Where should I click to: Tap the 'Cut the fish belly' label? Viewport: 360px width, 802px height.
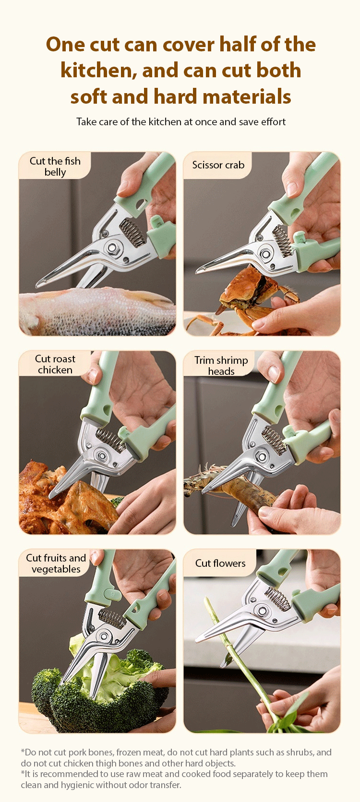pyautogui.click(x=55, y=167)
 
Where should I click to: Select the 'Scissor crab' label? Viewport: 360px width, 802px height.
pyautogui.click(x=218, y=165)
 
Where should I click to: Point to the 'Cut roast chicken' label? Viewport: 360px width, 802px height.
pyautogui.click(x=55, y=364)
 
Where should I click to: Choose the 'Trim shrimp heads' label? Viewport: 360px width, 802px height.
pyautogui.click(x=221, y=366)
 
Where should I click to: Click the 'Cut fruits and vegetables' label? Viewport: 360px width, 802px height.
pyautogui.click(x=56, y=563)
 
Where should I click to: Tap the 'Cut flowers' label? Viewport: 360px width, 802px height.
pyautogui.click(x=220, y=563)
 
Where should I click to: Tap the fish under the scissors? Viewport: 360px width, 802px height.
pyautogui.click(x=96, y=311)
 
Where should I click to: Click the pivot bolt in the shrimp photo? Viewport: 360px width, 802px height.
pyautogui.click(x=262, y=457)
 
